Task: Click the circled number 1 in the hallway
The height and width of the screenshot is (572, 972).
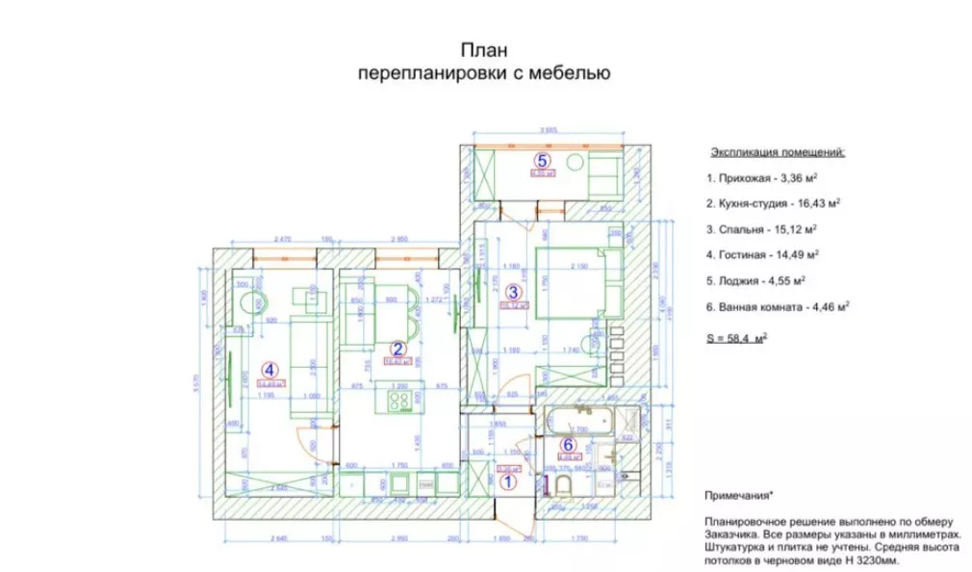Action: tap(510, 476)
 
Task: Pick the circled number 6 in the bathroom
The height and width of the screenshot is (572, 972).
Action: tap(568, 444)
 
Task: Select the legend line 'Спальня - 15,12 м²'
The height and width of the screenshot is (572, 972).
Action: tap(761, 229)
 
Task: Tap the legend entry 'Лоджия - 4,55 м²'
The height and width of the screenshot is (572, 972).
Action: tap(755, 280)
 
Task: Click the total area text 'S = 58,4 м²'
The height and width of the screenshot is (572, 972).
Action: tap(736, 339)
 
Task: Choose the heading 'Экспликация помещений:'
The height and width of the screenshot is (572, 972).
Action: tap(778, 152)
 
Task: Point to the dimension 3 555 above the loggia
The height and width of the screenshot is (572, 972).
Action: tap(549, 130)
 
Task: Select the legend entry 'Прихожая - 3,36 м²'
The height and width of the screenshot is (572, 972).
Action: tap(761, 178)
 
